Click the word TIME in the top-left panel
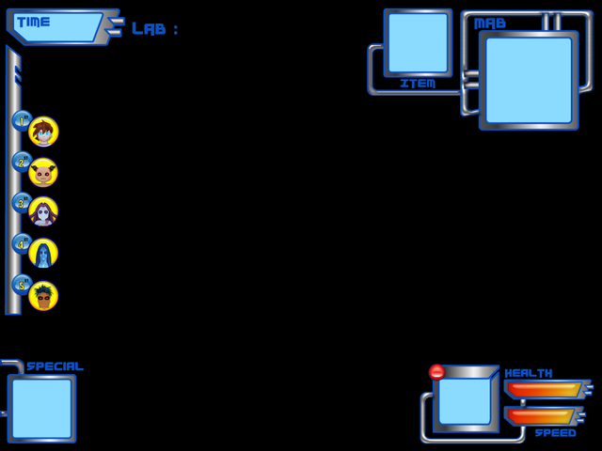point(33,22)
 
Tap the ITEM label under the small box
point(418,84)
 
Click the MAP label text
point(490,23)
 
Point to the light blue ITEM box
point(418,42)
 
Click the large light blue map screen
point(529,80)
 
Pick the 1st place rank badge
point(21,120)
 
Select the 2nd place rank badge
point(21,162)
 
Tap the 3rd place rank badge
point(21,202)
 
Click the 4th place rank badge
point(21,242)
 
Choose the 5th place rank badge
point(21,284)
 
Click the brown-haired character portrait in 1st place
point(43,132)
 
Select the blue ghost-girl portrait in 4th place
point(43,254)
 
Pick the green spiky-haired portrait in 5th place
point(43,296)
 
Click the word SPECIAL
point(55,366)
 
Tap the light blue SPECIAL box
point(41,408)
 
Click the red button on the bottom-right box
point(436,372)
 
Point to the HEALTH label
point(529,373)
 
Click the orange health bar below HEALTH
point(544,389)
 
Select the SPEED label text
point(555,433)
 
